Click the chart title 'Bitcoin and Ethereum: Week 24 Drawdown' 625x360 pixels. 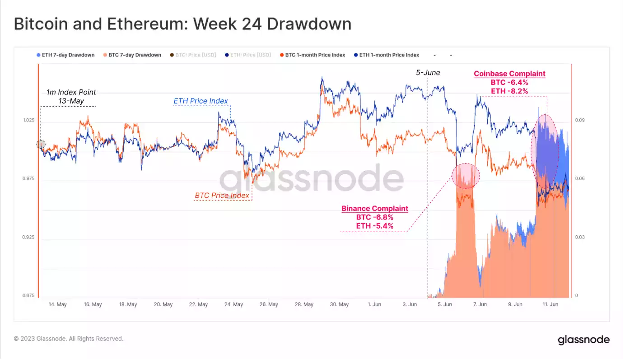[x=182, y=24]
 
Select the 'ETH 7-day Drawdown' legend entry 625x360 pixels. [x=68, y=55]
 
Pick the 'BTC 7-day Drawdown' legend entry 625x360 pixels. [x=135, y=55]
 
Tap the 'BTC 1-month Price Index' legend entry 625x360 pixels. [x=315, y=55]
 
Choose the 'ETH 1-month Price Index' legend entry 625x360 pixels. [x=389, y=55]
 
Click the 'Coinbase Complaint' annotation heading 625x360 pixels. [x=509, y=74]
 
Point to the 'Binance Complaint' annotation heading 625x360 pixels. [x=375, y=209]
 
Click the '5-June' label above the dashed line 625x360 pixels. [x=428, y=72]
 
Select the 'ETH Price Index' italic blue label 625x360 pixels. [x=201, y=101]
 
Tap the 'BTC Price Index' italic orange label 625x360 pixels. [x=222, y=196]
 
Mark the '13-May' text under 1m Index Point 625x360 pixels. [x=71, y=101]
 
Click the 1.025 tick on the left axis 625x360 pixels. [x=28, y=120]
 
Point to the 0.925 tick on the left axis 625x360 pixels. [x=28, y=237]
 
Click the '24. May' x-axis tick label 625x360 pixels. [x=234, y=304]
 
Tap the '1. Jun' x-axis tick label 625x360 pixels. [x=374, y=304]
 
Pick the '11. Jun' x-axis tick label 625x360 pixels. [x=550, y=304]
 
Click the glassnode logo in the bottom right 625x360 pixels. [x=583, y=340]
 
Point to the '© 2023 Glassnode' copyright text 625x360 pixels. [x=69, y=338]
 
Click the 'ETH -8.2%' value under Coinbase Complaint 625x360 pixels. [x=509, y=91]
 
